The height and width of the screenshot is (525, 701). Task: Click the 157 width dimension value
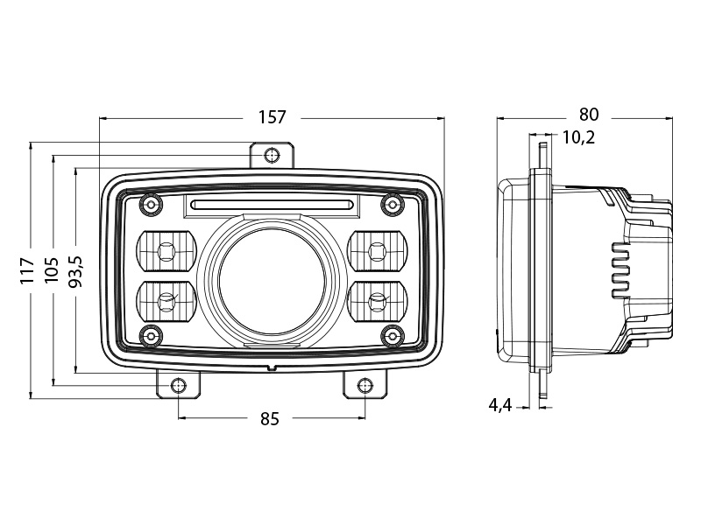(x=272, y=117)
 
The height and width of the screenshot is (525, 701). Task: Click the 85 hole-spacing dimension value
(x=269, y=419)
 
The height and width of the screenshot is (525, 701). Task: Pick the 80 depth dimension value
(x=588, y=115)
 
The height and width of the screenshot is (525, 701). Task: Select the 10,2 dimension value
(x=579, y=136)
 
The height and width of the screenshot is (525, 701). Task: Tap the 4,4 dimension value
(x=500, y=404)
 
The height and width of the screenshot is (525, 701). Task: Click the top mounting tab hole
(x=273, y=155)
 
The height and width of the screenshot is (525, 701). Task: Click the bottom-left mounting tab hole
(x=179, y=385)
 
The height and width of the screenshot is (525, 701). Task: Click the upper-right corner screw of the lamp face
(x=391, y=205)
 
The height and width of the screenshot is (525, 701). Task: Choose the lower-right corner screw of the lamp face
(x=391, y=333)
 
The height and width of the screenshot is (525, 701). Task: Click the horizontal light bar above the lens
(x=272, y=206)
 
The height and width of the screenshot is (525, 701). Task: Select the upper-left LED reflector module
(x=165, y=251)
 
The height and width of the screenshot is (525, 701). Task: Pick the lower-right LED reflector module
(x=379, y=300)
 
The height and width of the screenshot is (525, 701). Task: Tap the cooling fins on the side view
(x=620, y=268)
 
